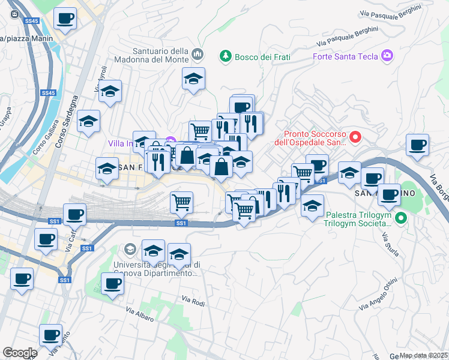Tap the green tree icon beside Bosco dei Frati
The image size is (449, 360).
point(226,56)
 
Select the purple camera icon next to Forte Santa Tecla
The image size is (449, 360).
point(387,56)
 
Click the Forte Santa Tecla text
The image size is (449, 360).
point(345,56)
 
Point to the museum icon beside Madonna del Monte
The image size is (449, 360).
point(198,56)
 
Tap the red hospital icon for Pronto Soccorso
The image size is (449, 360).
point(355,138)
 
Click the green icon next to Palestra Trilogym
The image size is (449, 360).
point(402,218)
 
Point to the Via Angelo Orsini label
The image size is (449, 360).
point(377,294)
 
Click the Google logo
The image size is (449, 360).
point(19,353)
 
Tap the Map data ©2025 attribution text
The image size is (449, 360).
point(423,355)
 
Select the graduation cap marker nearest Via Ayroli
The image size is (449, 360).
point(110,92)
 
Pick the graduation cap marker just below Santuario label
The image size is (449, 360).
point(193,79)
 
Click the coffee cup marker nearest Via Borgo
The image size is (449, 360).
point(417,145)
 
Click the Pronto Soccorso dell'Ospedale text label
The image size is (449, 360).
point(313,139)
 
